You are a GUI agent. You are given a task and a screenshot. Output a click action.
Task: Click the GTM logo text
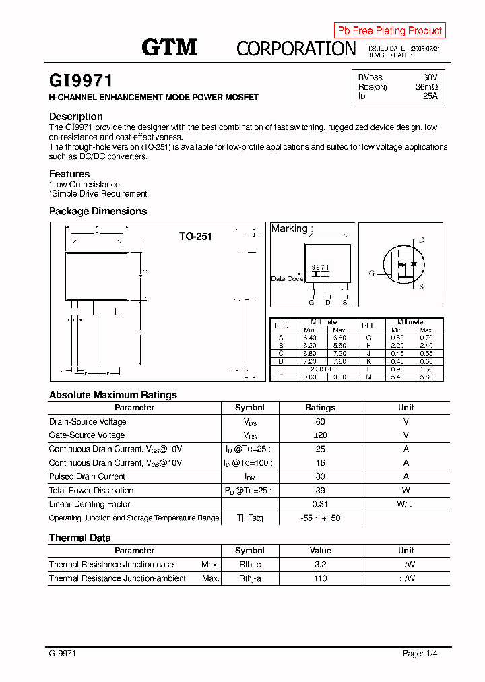[169, 47]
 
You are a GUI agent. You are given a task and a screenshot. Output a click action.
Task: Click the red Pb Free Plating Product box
[389, 30]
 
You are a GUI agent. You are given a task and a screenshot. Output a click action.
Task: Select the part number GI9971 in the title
[80, 82]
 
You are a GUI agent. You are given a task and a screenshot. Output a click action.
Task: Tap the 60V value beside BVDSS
[430, 77]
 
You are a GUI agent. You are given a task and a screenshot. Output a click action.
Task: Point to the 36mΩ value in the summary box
[426, 87]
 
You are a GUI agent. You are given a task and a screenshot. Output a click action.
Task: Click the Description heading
[76, 117]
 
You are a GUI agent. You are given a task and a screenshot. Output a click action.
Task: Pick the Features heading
[69, 174]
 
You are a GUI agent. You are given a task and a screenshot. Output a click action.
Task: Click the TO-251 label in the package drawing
[195, 237]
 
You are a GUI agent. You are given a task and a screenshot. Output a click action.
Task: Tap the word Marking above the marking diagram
[289, 228]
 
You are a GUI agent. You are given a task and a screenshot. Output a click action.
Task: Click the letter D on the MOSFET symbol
[422, 241]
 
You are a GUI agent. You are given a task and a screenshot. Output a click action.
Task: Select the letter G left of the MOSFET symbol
[371, 274]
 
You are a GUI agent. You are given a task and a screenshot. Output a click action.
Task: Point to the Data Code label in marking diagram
[287, 278]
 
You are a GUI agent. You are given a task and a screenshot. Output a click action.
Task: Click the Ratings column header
[320, 408]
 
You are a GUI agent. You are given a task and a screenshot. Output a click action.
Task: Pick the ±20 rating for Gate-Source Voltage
[320, 435]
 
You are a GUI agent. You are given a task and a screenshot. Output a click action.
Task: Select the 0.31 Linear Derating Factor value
[320, 504]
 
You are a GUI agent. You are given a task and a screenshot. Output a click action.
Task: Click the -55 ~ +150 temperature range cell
[320, 518]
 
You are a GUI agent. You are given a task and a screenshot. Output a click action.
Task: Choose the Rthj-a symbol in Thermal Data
[249, 578]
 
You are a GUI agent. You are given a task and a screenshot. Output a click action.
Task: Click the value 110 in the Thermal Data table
[320, 578]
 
